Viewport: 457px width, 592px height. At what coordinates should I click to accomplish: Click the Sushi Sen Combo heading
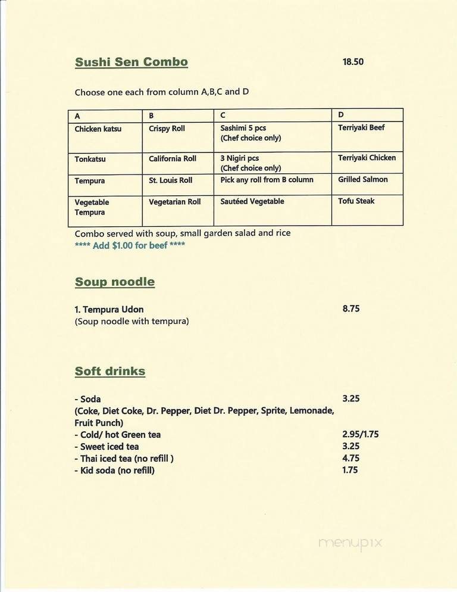[132, 62]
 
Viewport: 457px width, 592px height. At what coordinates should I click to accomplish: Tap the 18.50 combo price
[353, 61]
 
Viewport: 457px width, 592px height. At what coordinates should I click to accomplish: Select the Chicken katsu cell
[98, 129]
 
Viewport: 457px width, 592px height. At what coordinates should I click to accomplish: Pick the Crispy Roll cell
[167, 128]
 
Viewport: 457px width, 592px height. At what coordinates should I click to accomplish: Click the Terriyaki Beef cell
[361, 127]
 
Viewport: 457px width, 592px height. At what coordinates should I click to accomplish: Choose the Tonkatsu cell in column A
[90, 159]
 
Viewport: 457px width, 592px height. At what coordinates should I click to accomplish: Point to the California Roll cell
[173, 158]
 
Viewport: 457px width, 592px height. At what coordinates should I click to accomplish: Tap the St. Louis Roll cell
[171, 180]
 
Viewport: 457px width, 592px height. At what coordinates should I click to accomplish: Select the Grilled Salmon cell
[362, 179]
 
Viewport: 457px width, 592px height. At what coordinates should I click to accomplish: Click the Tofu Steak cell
[356, 201]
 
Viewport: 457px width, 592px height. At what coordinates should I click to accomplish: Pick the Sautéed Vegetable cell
[252, 202]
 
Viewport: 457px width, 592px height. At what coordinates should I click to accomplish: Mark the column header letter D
[341, 115]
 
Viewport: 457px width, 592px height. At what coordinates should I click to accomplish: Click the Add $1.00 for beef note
[130, 245]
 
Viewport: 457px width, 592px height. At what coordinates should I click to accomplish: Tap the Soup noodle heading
[115, 282]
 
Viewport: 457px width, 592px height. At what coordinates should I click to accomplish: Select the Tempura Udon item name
[109, 310]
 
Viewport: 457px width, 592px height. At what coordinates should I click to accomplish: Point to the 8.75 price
[351, 309]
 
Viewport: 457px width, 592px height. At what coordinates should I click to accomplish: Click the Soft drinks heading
[110, 371]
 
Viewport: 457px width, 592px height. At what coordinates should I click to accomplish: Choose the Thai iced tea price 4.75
[351, 459]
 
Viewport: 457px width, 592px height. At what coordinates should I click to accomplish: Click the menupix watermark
[350, 543]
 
